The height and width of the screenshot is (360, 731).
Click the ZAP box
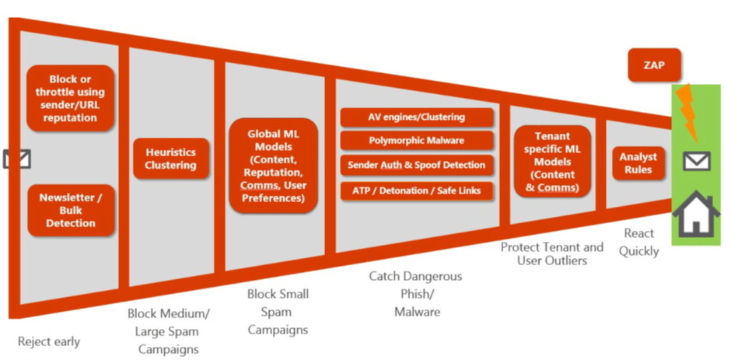click(x=654, y=65)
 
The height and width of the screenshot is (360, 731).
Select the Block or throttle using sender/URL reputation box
click(x=71, y=98)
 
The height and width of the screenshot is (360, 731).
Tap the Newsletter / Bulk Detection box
click(x=71, y=210)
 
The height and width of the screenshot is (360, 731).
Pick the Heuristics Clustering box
click(x=171, y=159)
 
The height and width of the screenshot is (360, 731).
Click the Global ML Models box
click(x=273, y=166)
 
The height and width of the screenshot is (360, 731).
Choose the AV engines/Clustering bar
click(x=417, y=117)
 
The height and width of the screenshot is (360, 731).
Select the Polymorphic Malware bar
click(x=417, y=141)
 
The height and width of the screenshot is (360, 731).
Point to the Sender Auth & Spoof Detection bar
click(x=417, y=165)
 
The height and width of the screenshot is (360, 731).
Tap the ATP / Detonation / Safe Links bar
click(x=417, y=190)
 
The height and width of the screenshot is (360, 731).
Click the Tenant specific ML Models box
click(x=552, y=162)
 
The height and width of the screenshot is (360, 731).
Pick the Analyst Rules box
click(x=638, y=163)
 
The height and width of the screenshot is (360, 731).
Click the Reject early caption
click(x=49, y=341)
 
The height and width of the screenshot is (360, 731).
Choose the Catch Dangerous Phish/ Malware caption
click(x=415, y=294)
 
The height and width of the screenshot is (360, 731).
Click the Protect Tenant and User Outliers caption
click(x=551, y=253)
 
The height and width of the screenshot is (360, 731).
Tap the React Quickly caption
click(x=640, y=242)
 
